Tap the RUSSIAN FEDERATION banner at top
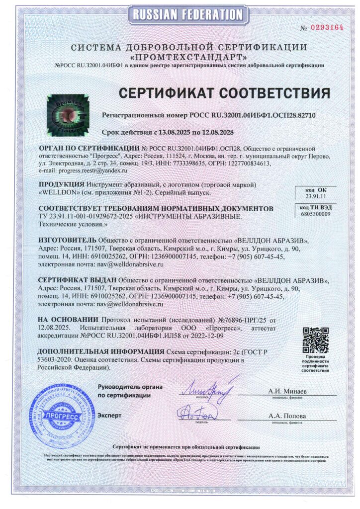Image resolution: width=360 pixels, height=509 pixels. pos(180,14)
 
